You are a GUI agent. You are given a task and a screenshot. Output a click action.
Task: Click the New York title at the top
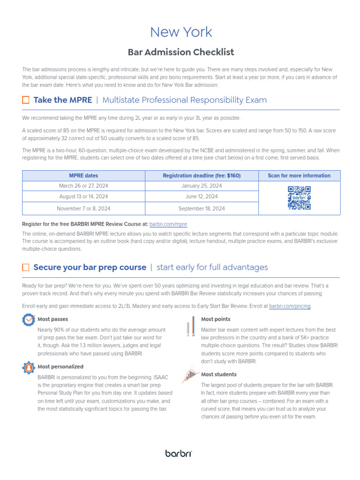tap(181, 32)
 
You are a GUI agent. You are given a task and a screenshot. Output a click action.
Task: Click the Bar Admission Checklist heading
tap(181, 52)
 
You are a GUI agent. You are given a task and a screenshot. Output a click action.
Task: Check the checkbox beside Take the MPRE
tap(26, 100)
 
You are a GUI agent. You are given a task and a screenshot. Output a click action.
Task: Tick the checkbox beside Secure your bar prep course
tap(26, 267)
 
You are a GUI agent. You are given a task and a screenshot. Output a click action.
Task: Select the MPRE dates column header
tap(83, 176)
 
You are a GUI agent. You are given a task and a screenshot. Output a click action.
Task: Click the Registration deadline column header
tap(202, 176)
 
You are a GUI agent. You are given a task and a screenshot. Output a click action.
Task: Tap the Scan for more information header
tap(299, 176)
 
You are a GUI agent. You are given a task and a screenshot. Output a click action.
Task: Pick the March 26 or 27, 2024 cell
tap(83, 186)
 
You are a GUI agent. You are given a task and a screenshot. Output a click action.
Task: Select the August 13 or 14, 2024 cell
tap(83, 197)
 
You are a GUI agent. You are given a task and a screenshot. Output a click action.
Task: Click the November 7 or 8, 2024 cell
tap(83, 209)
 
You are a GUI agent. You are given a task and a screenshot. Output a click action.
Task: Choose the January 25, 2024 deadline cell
tap(202, 186)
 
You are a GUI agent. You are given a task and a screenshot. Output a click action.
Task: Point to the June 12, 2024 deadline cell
tap(202, 197)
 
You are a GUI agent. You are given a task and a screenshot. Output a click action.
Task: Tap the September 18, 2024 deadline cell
tap(202, 209)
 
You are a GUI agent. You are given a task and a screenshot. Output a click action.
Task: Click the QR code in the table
tap(299, 198)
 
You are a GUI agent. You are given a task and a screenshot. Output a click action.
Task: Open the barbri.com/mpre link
tap(168, 225)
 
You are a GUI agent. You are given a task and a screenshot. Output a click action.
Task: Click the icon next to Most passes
tap(28, 320)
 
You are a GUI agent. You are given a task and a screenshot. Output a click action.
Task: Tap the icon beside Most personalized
tap(28, 367)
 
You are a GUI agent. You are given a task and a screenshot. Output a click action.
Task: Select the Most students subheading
tap(219, 375)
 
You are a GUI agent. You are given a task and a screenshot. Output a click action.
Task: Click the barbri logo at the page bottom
tap(179, 453)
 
